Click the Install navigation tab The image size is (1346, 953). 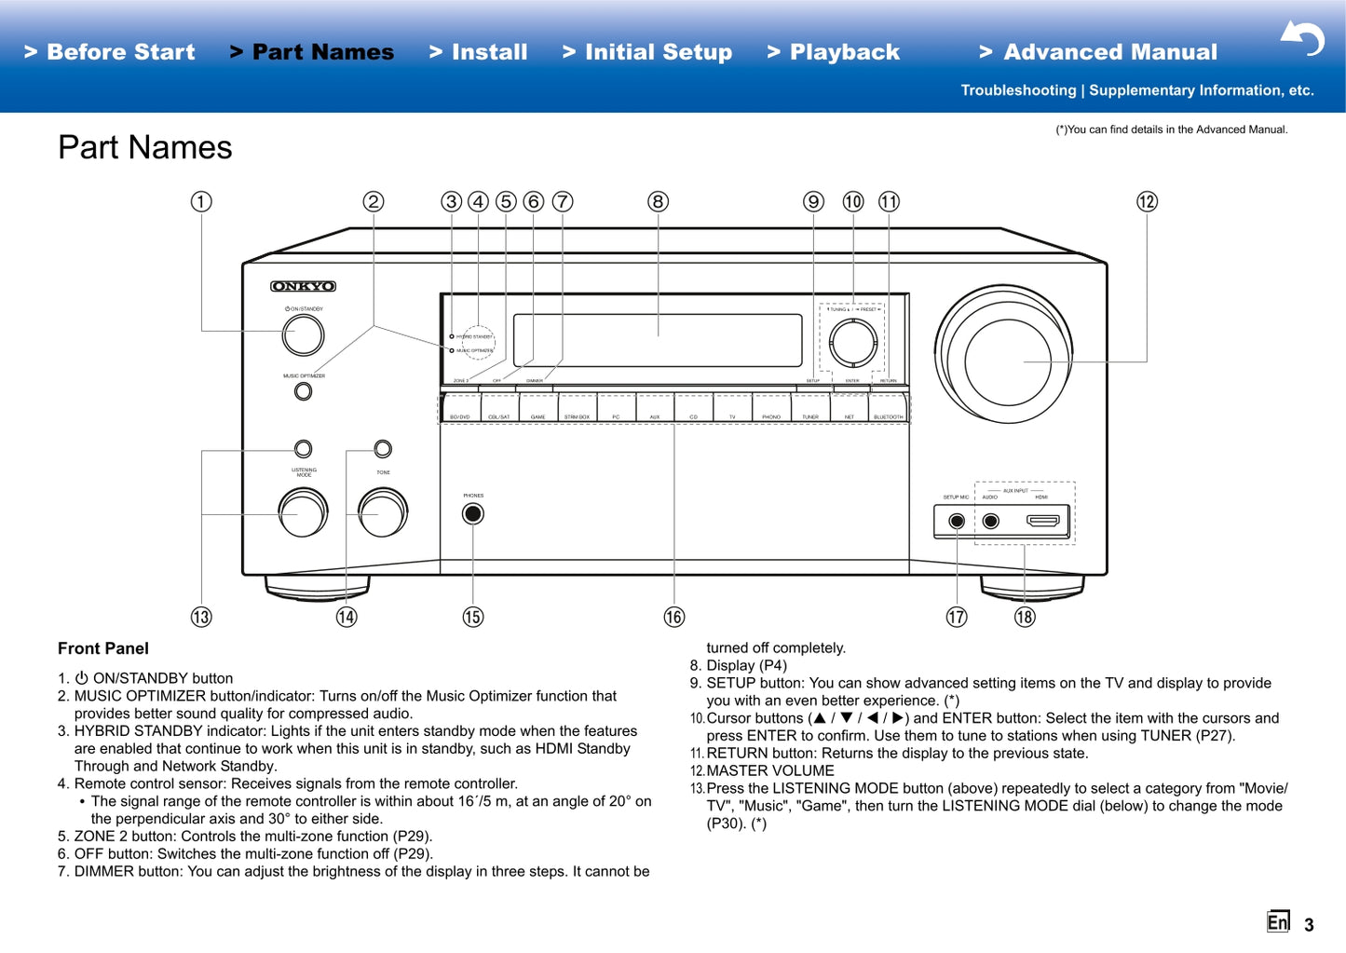point(479,52)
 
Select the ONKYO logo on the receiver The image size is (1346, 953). point(303,286)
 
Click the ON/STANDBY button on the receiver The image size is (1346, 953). point(303,335)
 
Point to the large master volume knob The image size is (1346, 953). point(1005,361)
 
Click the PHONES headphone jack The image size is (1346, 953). point(473,513)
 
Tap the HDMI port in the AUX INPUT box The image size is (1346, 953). point(1042,521)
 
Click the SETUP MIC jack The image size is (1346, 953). point(957,521)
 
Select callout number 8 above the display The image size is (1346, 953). point(658,201)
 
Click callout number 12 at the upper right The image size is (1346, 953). point(1147,201)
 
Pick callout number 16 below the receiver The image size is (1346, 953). point(673,617)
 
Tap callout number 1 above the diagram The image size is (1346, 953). point(201,201)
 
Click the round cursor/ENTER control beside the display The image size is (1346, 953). point(852,341)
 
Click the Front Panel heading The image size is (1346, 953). point(103,648)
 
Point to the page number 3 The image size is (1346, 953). point(1309,925)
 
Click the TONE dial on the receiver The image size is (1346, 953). point(383,512)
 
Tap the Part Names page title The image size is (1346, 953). point(145,147)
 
